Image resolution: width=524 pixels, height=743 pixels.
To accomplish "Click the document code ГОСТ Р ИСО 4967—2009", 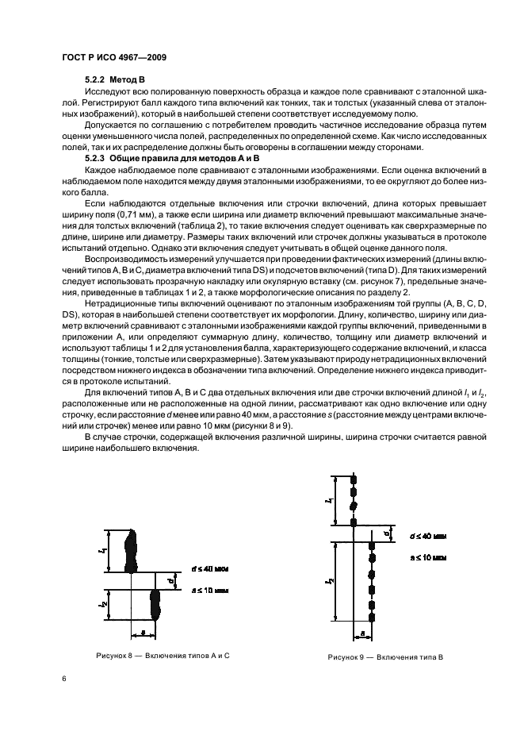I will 113,58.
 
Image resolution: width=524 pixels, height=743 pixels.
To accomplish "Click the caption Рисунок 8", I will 162,655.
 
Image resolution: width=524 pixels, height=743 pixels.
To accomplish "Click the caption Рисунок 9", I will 385,657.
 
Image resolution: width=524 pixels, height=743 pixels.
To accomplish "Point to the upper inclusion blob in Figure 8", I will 132,551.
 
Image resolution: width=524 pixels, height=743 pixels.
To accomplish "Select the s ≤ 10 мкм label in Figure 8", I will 209,591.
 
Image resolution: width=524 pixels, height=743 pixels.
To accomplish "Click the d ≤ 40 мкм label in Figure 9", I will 426,537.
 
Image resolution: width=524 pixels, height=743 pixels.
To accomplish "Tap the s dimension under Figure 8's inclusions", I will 142,631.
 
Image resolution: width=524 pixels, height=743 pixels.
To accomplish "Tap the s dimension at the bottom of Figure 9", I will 361,633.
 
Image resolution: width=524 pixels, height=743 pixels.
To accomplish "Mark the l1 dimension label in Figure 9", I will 328,501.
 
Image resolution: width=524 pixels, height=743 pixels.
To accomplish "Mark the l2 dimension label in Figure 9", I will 328,583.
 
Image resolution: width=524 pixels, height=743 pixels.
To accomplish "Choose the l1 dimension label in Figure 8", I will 104,551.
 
